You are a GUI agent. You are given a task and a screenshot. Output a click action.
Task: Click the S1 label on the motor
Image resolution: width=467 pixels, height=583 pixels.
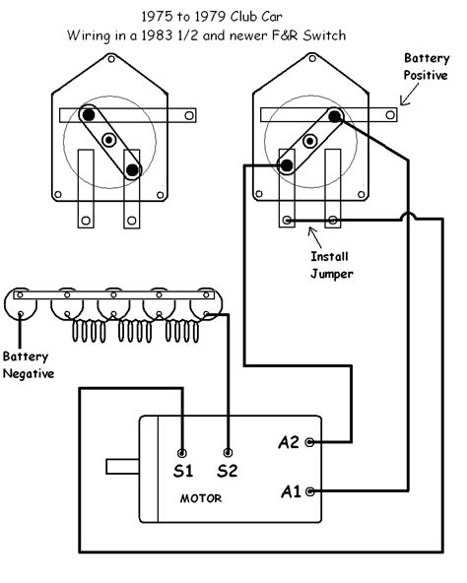pos(183,472)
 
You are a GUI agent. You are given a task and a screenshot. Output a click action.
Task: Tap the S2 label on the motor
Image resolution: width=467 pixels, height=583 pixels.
pos(229,472)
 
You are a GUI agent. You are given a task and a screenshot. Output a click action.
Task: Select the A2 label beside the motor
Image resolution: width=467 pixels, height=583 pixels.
pos(288,443)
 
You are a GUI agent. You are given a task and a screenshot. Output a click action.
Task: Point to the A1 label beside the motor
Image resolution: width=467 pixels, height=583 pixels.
pos(288,489)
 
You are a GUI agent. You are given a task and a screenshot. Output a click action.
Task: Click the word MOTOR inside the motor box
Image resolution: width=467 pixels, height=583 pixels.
pos(200,498)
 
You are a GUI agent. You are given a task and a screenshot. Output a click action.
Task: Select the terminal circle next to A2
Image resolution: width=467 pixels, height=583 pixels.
pos(311,443)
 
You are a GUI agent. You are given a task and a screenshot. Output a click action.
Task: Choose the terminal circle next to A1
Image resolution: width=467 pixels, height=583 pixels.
pos(311,489)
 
